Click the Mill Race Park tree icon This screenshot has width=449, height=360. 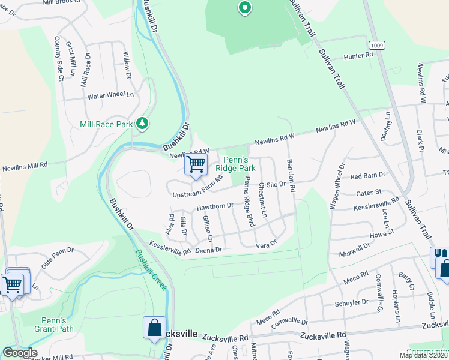click(142, 124)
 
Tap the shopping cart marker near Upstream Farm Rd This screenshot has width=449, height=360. click(196, 164)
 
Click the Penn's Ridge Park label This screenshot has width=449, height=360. click(240, 164)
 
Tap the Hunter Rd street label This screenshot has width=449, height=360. click(358, 56)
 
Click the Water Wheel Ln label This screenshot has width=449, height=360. click(110, 95)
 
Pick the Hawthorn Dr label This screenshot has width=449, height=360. click(215, 206)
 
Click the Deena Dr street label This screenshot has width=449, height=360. click(209, 249)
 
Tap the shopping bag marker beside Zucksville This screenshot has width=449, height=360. click(154, 328)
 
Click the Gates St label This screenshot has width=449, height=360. click(369, 192)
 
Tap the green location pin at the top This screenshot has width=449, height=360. click(244, 8)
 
